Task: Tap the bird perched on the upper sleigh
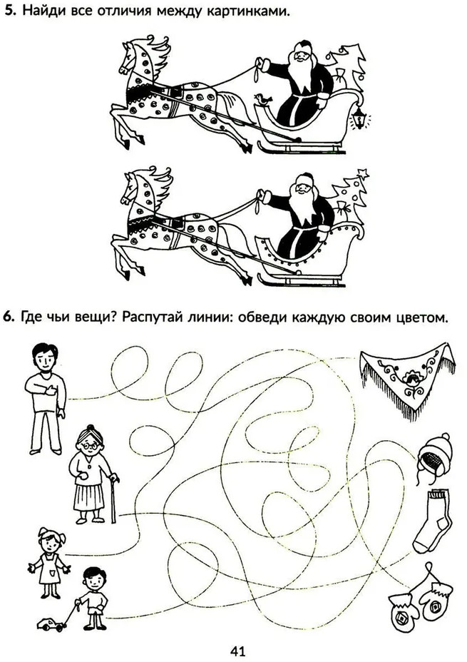pos(263,100)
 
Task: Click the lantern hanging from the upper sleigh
pos(360,118)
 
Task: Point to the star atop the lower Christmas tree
pos(363,173)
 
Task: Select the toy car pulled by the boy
pos(50,623)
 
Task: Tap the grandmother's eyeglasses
pos(88,445)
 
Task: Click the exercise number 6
pos(9,316)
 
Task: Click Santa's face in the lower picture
pos(303,185)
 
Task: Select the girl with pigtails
pos(50,562)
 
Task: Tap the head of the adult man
pos(45,357)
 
